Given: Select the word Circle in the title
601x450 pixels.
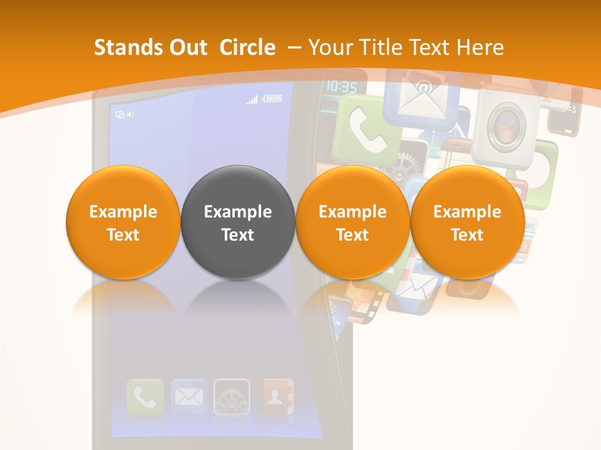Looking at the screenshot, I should pyautogui.click(x=247, y=47).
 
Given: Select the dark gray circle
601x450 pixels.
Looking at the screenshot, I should pyautogui.click(x=238, y=222).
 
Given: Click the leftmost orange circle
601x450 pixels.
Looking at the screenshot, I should pyautogui.click(x=123, y=222).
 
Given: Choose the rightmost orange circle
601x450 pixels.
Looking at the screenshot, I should pyautogui.click(x=467, y=222).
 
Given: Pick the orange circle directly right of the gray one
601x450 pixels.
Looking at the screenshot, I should pyautogui.click(x=352, y=222).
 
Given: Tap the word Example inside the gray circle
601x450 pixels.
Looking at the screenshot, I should pyautogui.click(x=238, y=212).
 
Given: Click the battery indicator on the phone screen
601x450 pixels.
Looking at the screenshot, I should pyautogui.click(x=272, y=98).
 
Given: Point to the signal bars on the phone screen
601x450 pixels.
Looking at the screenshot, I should pyautogui.click(x=252, y=99).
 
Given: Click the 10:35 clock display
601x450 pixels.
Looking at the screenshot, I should pyautogui.click(x=342, y=86).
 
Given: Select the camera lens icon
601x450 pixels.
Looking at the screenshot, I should pyautogui.click(x=506, y=124).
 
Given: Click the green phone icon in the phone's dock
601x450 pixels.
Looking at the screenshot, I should pyautogui.click(x=145, y=396).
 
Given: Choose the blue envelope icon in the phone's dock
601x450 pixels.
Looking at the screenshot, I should pyautogui.click(x=188, y=396).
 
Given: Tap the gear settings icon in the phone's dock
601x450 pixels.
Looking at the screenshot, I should pyautogui.click(x=232, y=396).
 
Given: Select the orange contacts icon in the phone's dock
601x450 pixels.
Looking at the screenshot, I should pyautogui.click(x=275, y=396).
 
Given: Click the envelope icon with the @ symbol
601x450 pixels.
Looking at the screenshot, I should pyautogui.click(x=419, y=94).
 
